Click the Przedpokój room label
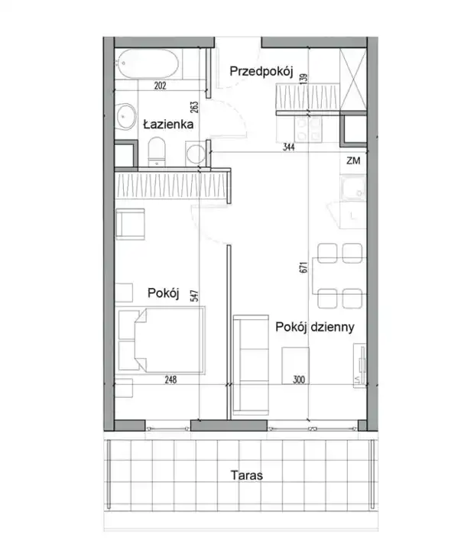(261, 72)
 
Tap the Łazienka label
(168, 124)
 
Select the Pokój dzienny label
(314, 327)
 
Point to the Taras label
(246, 475)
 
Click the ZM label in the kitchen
(353, 160)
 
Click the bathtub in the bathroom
(148, 64)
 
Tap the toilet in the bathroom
(156, 151)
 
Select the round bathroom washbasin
(126, 116)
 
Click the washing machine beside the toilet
(196, 154)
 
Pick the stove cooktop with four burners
(310, 129)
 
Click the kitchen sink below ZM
(353, 189)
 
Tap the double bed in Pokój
(161, 339)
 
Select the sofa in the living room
(251, 365)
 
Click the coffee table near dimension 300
(295, 365)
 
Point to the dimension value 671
(304, 267)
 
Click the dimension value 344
(289, 147)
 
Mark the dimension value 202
(160, 86)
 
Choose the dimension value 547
(194, 296)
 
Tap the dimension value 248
(170, 380)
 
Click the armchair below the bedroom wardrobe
(130, 224)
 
